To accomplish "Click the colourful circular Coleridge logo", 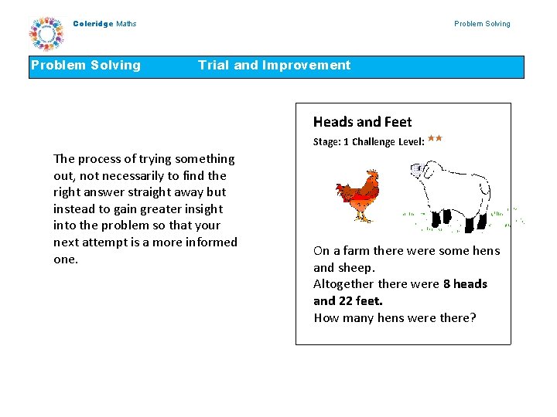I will (x=46, y=33).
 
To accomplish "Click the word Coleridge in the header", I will (x=93, y=24).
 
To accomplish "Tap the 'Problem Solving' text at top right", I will (x=482, y=24).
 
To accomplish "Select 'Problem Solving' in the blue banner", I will (x=86, y=66).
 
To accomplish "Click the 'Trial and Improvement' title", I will (x=274, y=66).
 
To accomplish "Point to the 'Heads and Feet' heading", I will (x=362, y=122).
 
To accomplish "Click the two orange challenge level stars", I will (x=434, y=139).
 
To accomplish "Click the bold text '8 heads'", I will (x=465, y=284).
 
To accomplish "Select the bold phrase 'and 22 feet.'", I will (x=347, y=301).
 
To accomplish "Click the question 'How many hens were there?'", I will (x=395, y=318).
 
